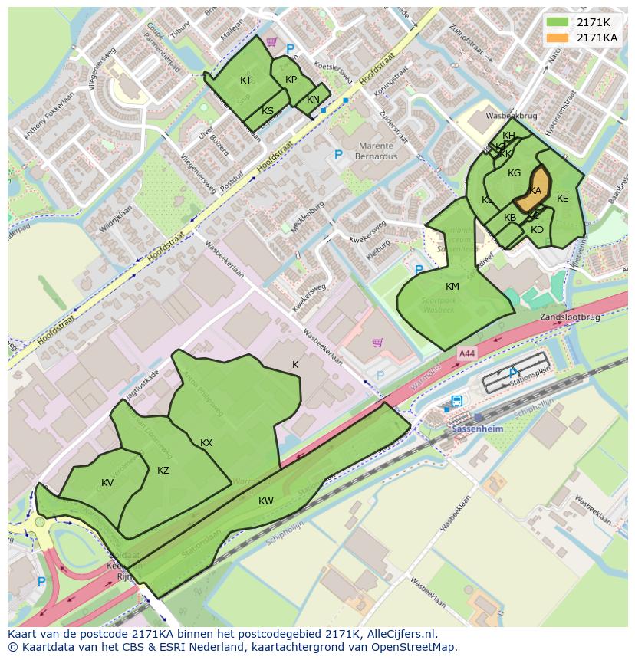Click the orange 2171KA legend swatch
[558, 38]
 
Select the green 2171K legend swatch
[558, 22]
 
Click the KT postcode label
[245, 80]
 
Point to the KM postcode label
[452, 287]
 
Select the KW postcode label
[266, 501]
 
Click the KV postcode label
[107, 483]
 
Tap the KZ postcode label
[163, 471]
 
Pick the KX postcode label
[206, 443]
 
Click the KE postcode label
[563, 199]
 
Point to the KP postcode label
[291, 80]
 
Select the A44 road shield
[466, 353]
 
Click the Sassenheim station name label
[477, 429]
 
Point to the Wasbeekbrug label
[512, 117]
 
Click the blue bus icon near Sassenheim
[457, 401]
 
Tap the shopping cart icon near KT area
[271, 42]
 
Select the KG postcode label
[514, 173]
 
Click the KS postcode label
[268, 111]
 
